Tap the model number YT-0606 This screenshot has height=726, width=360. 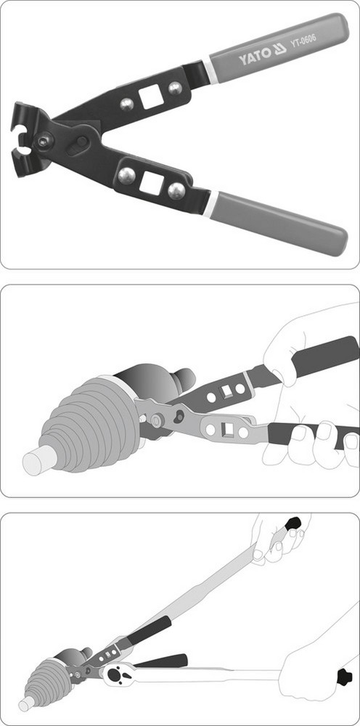click(303, 40)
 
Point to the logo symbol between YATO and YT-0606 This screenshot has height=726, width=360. click(280, 49)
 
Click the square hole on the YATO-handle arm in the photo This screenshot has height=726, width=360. click(151, 98)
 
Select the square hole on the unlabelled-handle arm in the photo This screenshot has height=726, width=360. click(151, 182)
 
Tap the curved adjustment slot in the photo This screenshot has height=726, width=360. click(76, 146)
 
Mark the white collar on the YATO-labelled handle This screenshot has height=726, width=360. click(209, 72)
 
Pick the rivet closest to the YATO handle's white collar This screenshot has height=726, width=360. click(175, 88)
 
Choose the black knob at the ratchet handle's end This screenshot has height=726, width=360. click(344, 677)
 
